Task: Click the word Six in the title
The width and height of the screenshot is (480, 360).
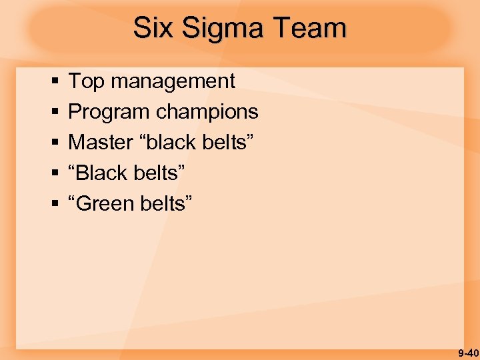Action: [150, 29]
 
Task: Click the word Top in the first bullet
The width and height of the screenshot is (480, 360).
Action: [87, 81]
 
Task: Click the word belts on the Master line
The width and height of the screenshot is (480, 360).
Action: [227, 142]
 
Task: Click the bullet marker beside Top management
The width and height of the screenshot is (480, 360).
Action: [53, 82]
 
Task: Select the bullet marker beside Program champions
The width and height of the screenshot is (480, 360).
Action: [53, 113]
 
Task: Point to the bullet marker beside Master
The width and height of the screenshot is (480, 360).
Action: [53, 143]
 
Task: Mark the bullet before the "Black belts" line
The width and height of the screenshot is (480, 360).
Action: [53, 173]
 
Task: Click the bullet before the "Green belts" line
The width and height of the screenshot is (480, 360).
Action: [53, 204]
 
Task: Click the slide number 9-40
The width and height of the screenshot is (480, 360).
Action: [467, 353]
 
